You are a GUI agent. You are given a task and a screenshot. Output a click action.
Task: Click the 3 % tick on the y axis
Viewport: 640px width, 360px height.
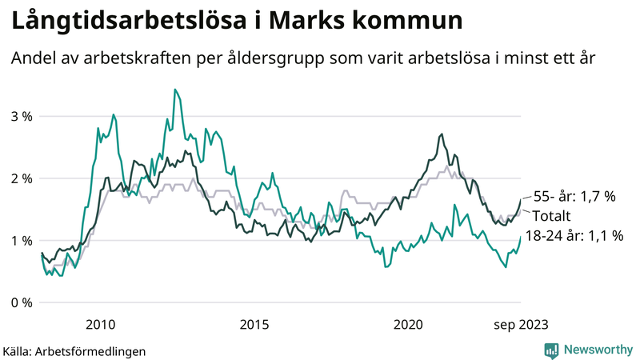point(22,116)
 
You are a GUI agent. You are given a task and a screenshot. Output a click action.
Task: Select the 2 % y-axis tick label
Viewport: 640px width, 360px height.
point(22,178)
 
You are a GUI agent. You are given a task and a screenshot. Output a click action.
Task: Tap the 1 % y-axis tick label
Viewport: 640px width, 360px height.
point(22,241)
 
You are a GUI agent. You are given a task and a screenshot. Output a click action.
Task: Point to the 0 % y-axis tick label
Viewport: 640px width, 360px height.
point(22,302)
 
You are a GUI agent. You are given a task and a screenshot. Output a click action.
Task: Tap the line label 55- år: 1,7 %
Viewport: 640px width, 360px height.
point(574,197)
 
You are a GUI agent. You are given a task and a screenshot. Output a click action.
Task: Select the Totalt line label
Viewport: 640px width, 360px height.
point(554,216)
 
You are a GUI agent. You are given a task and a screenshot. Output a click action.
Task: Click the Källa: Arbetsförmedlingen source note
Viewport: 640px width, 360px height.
point(74,350)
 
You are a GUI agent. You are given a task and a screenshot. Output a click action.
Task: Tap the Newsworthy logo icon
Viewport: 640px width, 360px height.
point(551,350)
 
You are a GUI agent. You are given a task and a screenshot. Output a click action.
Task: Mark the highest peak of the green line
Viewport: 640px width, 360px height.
point(174,90)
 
